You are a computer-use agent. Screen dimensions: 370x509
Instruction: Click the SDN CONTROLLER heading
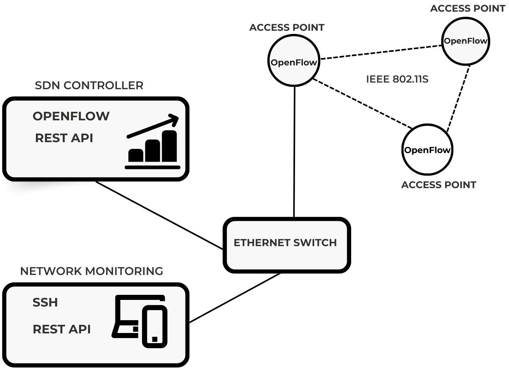click(89, 85)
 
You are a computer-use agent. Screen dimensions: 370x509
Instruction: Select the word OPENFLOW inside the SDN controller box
click(71, 116)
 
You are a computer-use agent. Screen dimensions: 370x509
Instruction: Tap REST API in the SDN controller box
click(64, 138)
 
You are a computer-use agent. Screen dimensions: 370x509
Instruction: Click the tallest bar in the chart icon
click(170, 146)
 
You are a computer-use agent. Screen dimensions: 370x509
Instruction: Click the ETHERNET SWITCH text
click(285, 243)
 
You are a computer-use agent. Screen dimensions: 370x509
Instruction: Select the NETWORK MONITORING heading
click(92, 271)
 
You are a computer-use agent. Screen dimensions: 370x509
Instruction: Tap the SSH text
click(45, 303)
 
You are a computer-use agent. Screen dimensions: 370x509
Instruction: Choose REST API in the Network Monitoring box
click(62, 329)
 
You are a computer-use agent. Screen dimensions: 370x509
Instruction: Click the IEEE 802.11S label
click(397, 79)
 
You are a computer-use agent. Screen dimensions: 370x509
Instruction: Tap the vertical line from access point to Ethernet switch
click(294, 152)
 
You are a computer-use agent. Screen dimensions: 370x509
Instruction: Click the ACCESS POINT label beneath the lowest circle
click(438, 185)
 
